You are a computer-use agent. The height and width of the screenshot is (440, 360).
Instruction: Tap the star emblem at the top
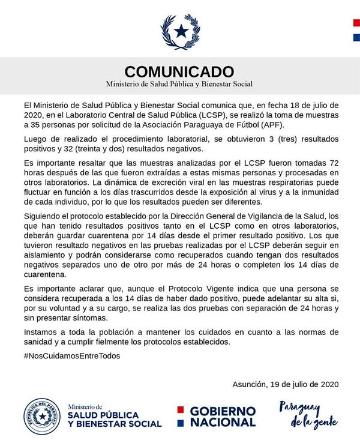tap(180, 29)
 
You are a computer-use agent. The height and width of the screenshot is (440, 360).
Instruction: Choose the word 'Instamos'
tap(40, 332)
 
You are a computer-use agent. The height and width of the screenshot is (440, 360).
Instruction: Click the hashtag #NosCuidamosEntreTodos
tap(71, 355)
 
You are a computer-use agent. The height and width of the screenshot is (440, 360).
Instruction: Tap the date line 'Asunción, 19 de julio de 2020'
tap(285, 384)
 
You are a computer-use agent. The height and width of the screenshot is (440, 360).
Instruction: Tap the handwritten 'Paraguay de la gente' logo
tap(304, 414)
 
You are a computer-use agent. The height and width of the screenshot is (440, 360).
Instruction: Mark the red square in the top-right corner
tap(356, 23)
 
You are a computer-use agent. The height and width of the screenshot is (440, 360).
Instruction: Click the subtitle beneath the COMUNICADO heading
tap(179, 84)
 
